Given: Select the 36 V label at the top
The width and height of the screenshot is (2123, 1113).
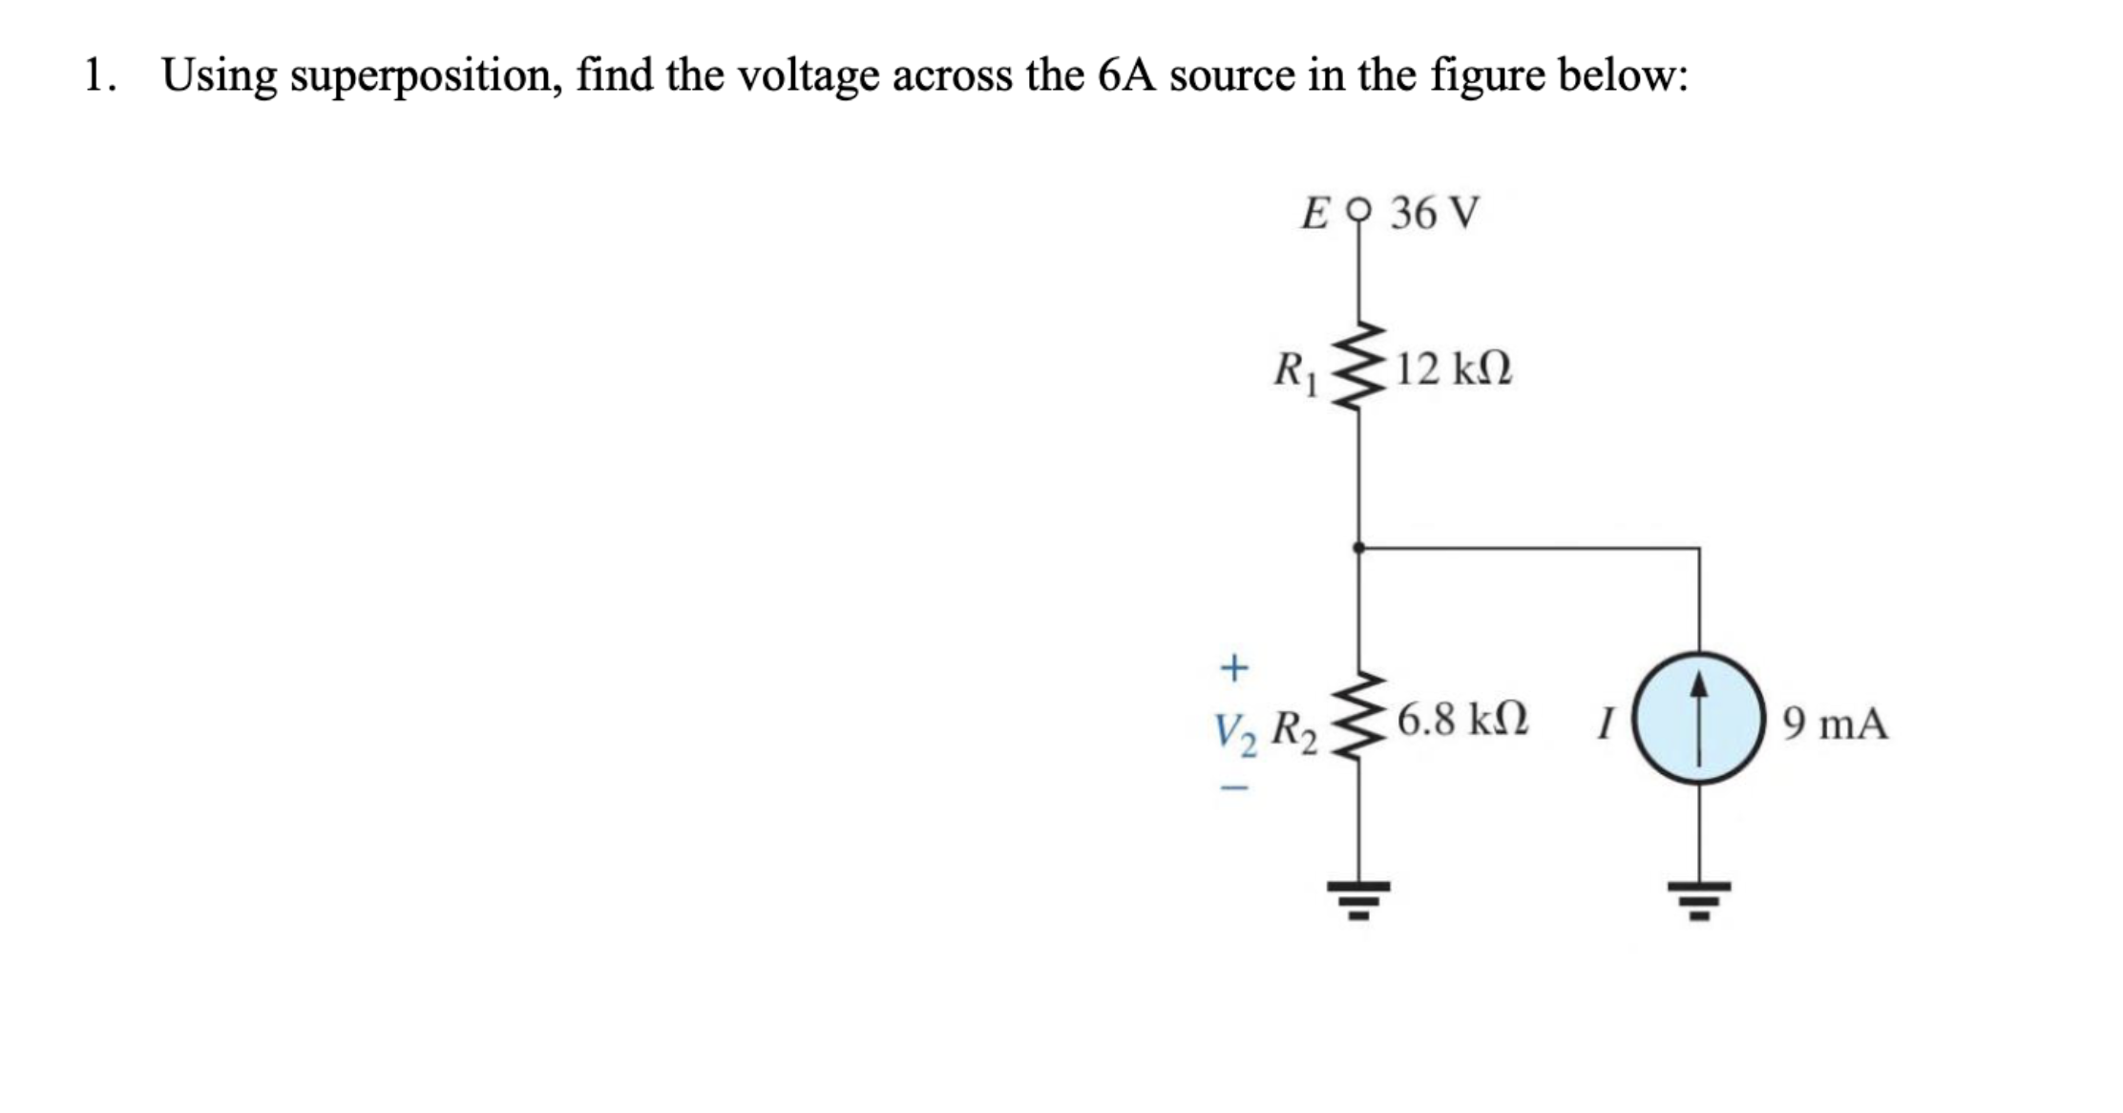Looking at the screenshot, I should click(1434, 213).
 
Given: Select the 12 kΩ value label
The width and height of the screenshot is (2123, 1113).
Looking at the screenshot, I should click(1453, 368).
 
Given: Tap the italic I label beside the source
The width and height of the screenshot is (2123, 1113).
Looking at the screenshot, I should click(1606, 724).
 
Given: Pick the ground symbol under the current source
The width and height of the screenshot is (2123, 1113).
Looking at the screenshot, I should click(1698, 897).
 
